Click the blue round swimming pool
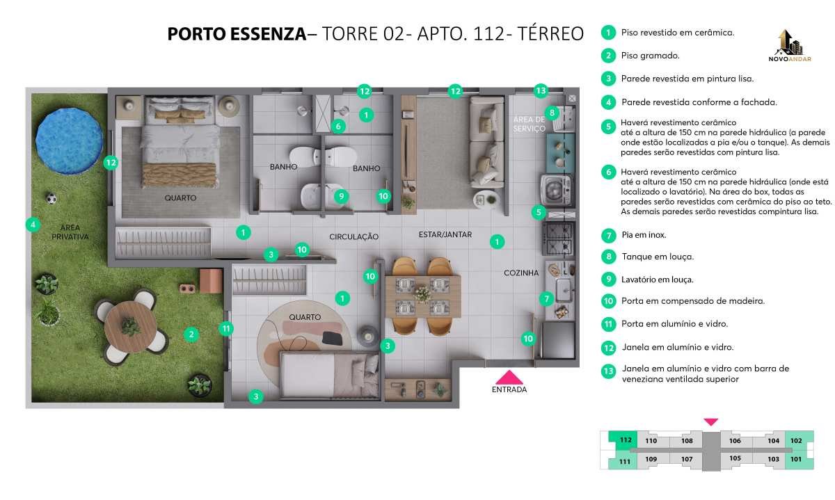pyautogui.click(x=69, y=141)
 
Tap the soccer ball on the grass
pyautogui.click(x=51, y=198)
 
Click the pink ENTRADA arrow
pyautogui.click(x=509, y=377)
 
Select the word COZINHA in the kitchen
pyautogui.click(x=521, y=273)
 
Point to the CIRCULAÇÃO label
pyautogui.click(x=353, y=236)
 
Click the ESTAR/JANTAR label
pyautogui.click(x=445, y=234)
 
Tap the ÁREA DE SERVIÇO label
pyautogui.click(x=529, y=124)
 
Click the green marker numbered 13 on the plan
pyautogui.click(x=541, y=90)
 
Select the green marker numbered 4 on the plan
pyautogui.click(x=33, y=225)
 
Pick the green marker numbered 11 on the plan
pyautogui.click(x=226, y=329)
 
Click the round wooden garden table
pyautogui.click(x=131, y=328)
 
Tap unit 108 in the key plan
pyautogui.click(x=687, y=441)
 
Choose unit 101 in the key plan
pyautogui.click(x=796, y=459)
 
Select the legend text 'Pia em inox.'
pyautogui.click(x=644, y=235)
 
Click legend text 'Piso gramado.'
pyautogui.click(x=650, y=56)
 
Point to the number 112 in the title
pyautogui.click(x=489, y=34)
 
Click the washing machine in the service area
pyautogui.click(x=555, y=190)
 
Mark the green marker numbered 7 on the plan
pyautogui.click(x=546, y=299)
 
